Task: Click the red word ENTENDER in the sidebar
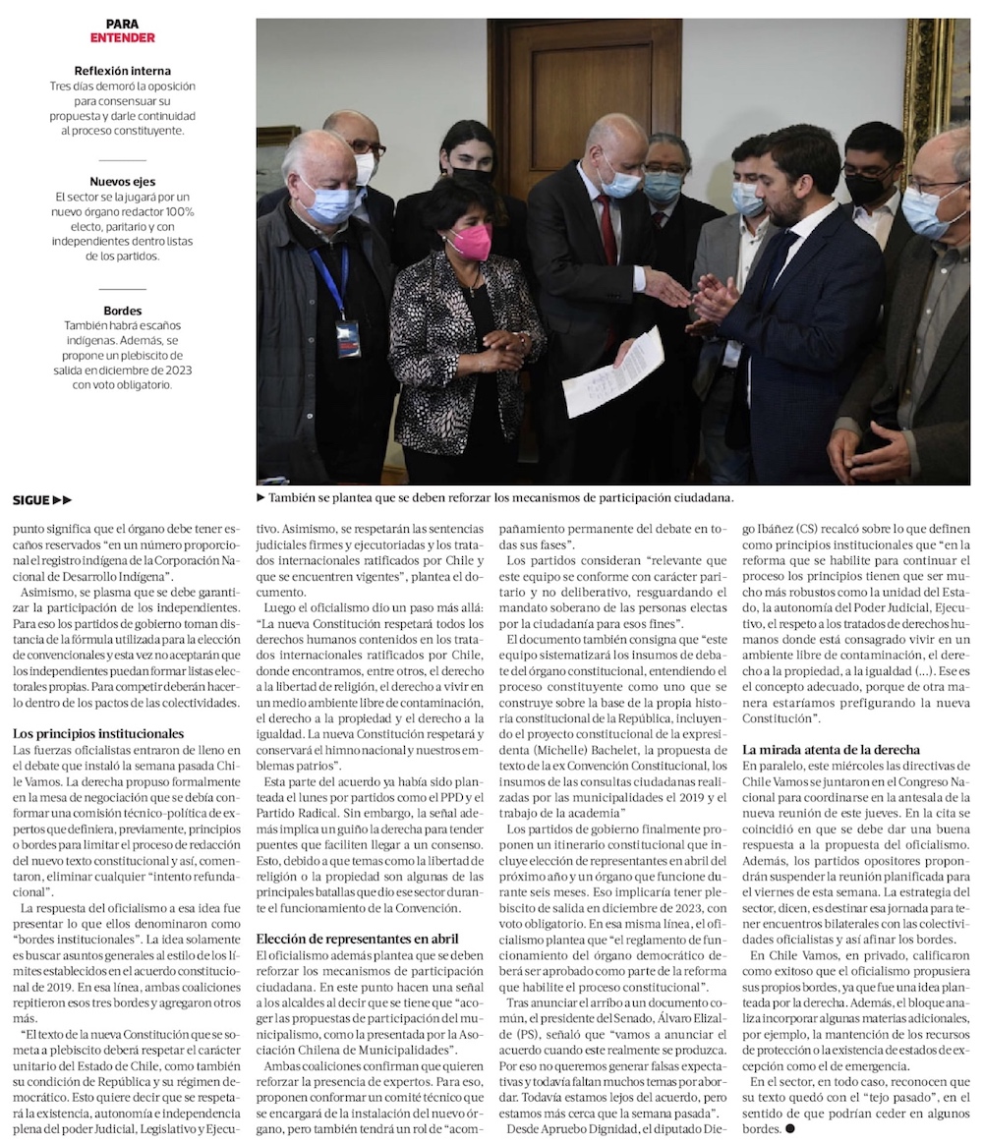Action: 122,38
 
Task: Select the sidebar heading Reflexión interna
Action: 122,71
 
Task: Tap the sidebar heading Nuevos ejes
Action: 122,182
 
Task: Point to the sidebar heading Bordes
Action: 122,311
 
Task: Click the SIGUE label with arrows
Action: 42,500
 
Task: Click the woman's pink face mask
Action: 470,241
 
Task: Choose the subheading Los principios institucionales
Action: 98,733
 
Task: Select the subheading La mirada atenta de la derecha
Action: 831,750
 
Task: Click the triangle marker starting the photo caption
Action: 261,498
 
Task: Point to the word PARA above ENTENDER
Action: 122,24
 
